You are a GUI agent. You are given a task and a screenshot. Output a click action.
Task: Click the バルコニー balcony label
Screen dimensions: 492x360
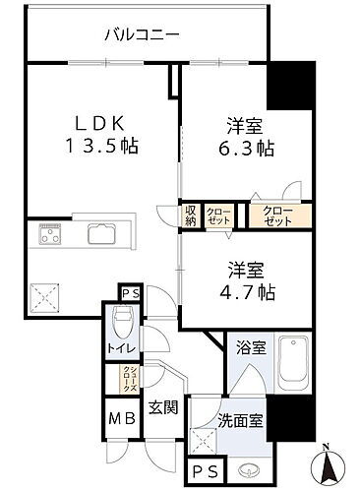pyautogui.click(x=143, y=36)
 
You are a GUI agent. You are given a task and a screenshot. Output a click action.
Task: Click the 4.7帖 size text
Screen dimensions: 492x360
pyautogui.click(x=241, y=290)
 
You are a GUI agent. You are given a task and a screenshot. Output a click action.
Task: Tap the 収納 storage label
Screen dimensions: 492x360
pyautogui.click(x=191, y=216)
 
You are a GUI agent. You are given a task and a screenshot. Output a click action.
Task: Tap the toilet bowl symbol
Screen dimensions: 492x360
pyautogui.click(x=124, y=321)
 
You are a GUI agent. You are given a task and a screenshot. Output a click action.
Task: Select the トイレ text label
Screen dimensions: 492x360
pyautogui.click(x=122, y=347)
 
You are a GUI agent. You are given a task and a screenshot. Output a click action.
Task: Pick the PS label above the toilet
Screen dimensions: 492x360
pyautogui.click(x=129, y=292)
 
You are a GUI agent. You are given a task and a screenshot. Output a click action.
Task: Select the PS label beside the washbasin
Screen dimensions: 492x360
pyautogui.click(x=204, y=470)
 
